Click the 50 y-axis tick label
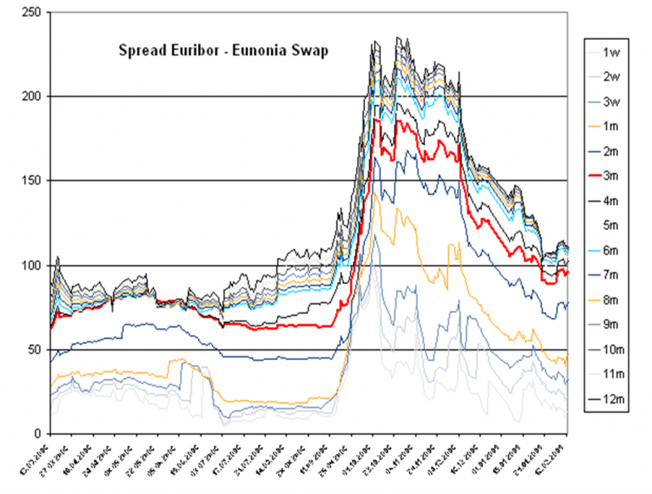click(36, 350)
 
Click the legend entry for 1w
click(612, 53)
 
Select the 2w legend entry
click(612, 77)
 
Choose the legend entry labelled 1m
click(612, 126)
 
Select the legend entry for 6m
click(612, 250)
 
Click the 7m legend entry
click(612, 275)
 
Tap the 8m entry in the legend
click(612, 299)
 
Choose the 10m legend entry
click(612, 348)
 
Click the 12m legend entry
click(612, 397)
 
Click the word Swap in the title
click(310, 50)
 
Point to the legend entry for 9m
click(612, 324)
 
